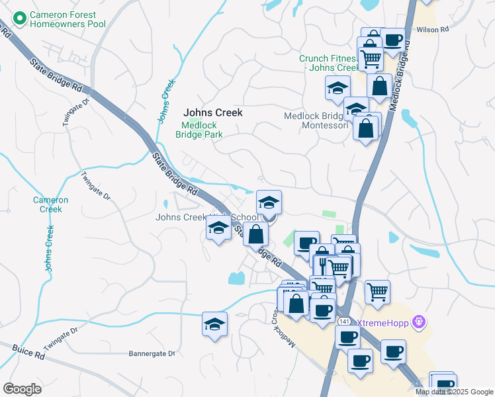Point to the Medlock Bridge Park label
199,129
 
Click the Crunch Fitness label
328,63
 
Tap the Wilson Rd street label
433,30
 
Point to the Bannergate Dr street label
152,354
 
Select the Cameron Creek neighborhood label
50,204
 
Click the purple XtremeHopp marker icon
418,322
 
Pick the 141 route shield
343,321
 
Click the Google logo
22,388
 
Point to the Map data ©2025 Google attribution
454,392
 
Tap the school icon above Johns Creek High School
269,202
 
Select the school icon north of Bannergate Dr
214,324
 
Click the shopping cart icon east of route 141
377,291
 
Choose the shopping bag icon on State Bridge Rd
255,234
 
